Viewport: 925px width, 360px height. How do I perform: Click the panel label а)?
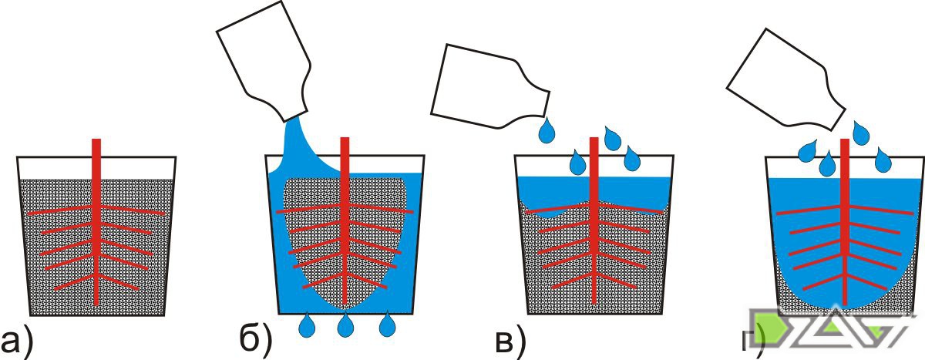click(15, 341)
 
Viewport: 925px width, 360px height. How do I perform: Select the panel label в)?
click(510, 341)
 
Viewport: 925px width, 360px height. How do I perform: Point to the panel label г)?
click(752, 341)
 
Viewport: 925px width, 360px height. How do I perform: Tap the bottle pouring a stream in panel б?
click(264, 62)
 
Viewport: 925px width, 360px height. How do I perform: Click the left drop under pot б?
click(307, 325)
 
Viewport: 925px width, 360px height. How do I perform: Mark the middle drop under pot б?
click(345, 325)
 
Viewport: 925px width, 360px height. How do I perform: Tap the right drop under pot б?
click(387, 325)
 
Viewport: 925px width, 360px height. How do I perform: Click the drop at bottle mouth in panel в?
click(547, 130)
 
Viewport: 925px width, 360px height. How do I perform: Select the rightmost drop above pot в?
click(632, 159)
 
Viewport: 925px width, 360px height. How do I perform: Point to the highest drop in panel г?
click(860, 133)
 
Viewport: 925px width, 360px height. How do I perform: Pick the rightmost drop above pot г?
click(883, 160)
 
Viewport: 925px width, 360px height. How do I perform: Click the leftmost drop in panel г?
click(807, 152)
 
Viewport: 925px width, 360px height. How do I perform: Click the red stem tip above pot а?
click(96, 140)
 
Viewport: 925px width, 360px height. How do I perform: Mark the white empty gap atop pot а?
click(96, 167)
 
